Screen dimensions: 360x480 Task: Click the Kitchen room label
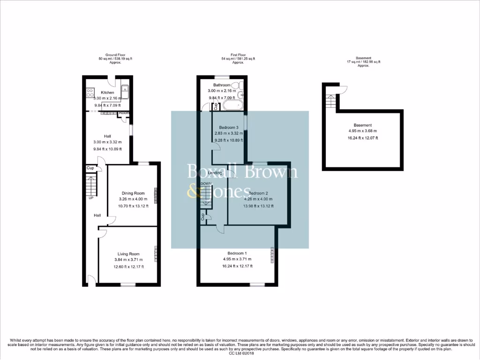107,92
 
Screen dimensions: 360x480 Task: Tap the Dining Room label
133,193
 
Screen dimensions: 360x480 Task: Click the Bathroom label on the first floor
222,85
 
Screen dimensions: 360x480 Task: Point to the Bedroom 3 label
229,127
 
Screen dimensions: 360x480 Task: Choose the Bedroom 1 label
237,253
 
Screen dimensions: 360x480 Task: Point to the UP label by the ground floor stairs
91,198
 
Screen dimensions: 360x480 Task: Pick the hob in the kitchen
90,93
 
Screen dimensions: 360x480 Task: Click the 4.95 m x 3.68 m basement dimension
363,131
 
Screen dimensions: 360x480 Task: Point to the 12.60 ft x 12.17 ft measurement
129,267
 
